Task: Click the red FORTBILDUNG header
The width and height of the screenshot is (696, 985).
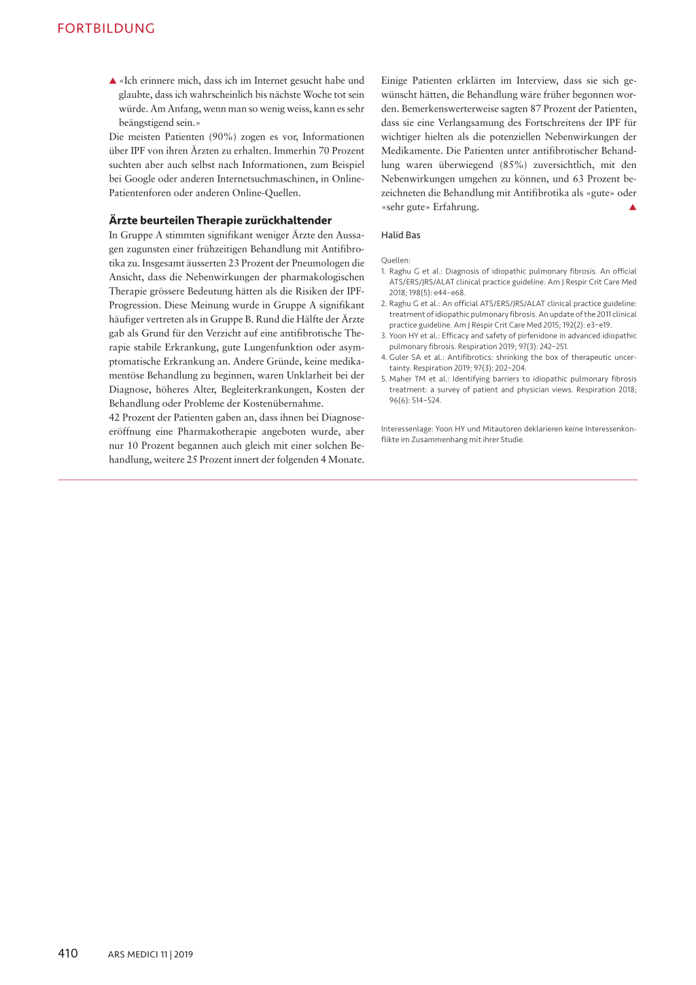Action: click(x=106, y=29)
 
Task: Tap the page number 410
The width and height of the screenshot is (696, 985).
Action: click(x=68, y=953)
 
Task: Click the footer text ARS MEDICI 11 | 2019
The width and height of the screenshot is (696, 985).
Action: click(x=150, y=954)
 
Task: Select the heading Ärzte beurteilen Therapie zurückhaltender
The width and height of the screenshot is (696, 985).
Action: click(x=220, y=220)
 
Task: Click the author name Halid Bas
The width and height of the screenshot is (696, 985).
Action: click(x=400, y=235)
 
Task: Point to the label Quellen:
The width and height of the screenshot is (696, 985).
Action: click(x=396, y=261)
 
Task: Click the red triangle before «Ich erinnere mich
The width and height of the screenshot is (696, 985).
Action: click(x=113, y=81)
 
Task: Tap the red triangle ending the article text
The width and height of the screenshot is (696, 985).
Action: click(x=632, y=207)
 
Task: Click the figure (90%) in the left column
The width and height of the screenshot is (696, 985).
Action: click(x=222, y=137)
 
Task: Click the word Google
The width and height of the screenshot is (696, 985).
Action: click(x=139, y=179)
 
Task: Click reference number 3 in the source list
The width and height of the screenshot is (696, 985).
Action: click(x=383, y=336)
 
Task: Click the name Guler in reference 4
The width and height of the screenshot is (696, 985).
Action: click(x=400, y=358)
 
